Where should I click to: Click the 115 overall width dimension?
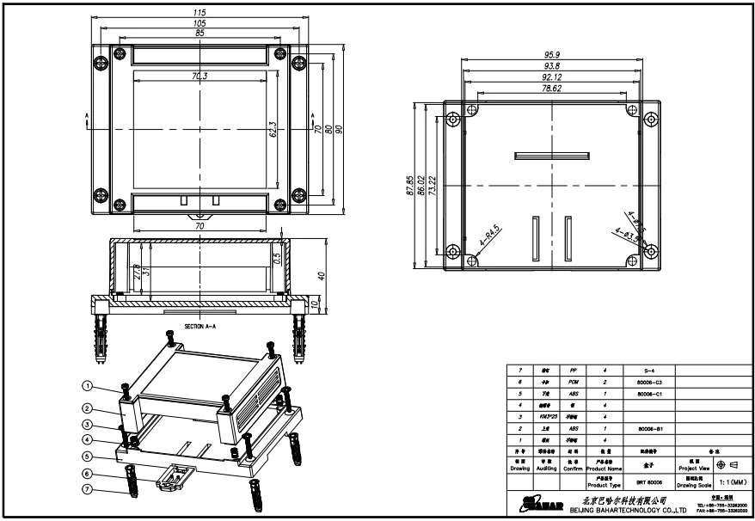point(199,14)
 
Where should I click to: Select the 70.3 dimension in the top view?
point(199,77)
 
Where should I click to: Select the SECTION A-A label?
point(201,328)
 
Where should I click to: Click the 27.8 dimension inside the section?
point(137,273)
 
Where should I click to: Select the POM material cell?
point(573,380)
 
